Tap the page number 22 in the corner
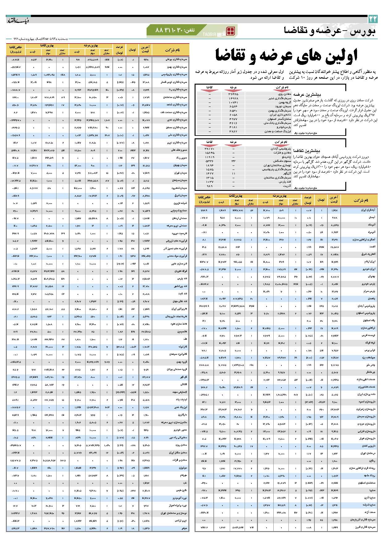(373, 19)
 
